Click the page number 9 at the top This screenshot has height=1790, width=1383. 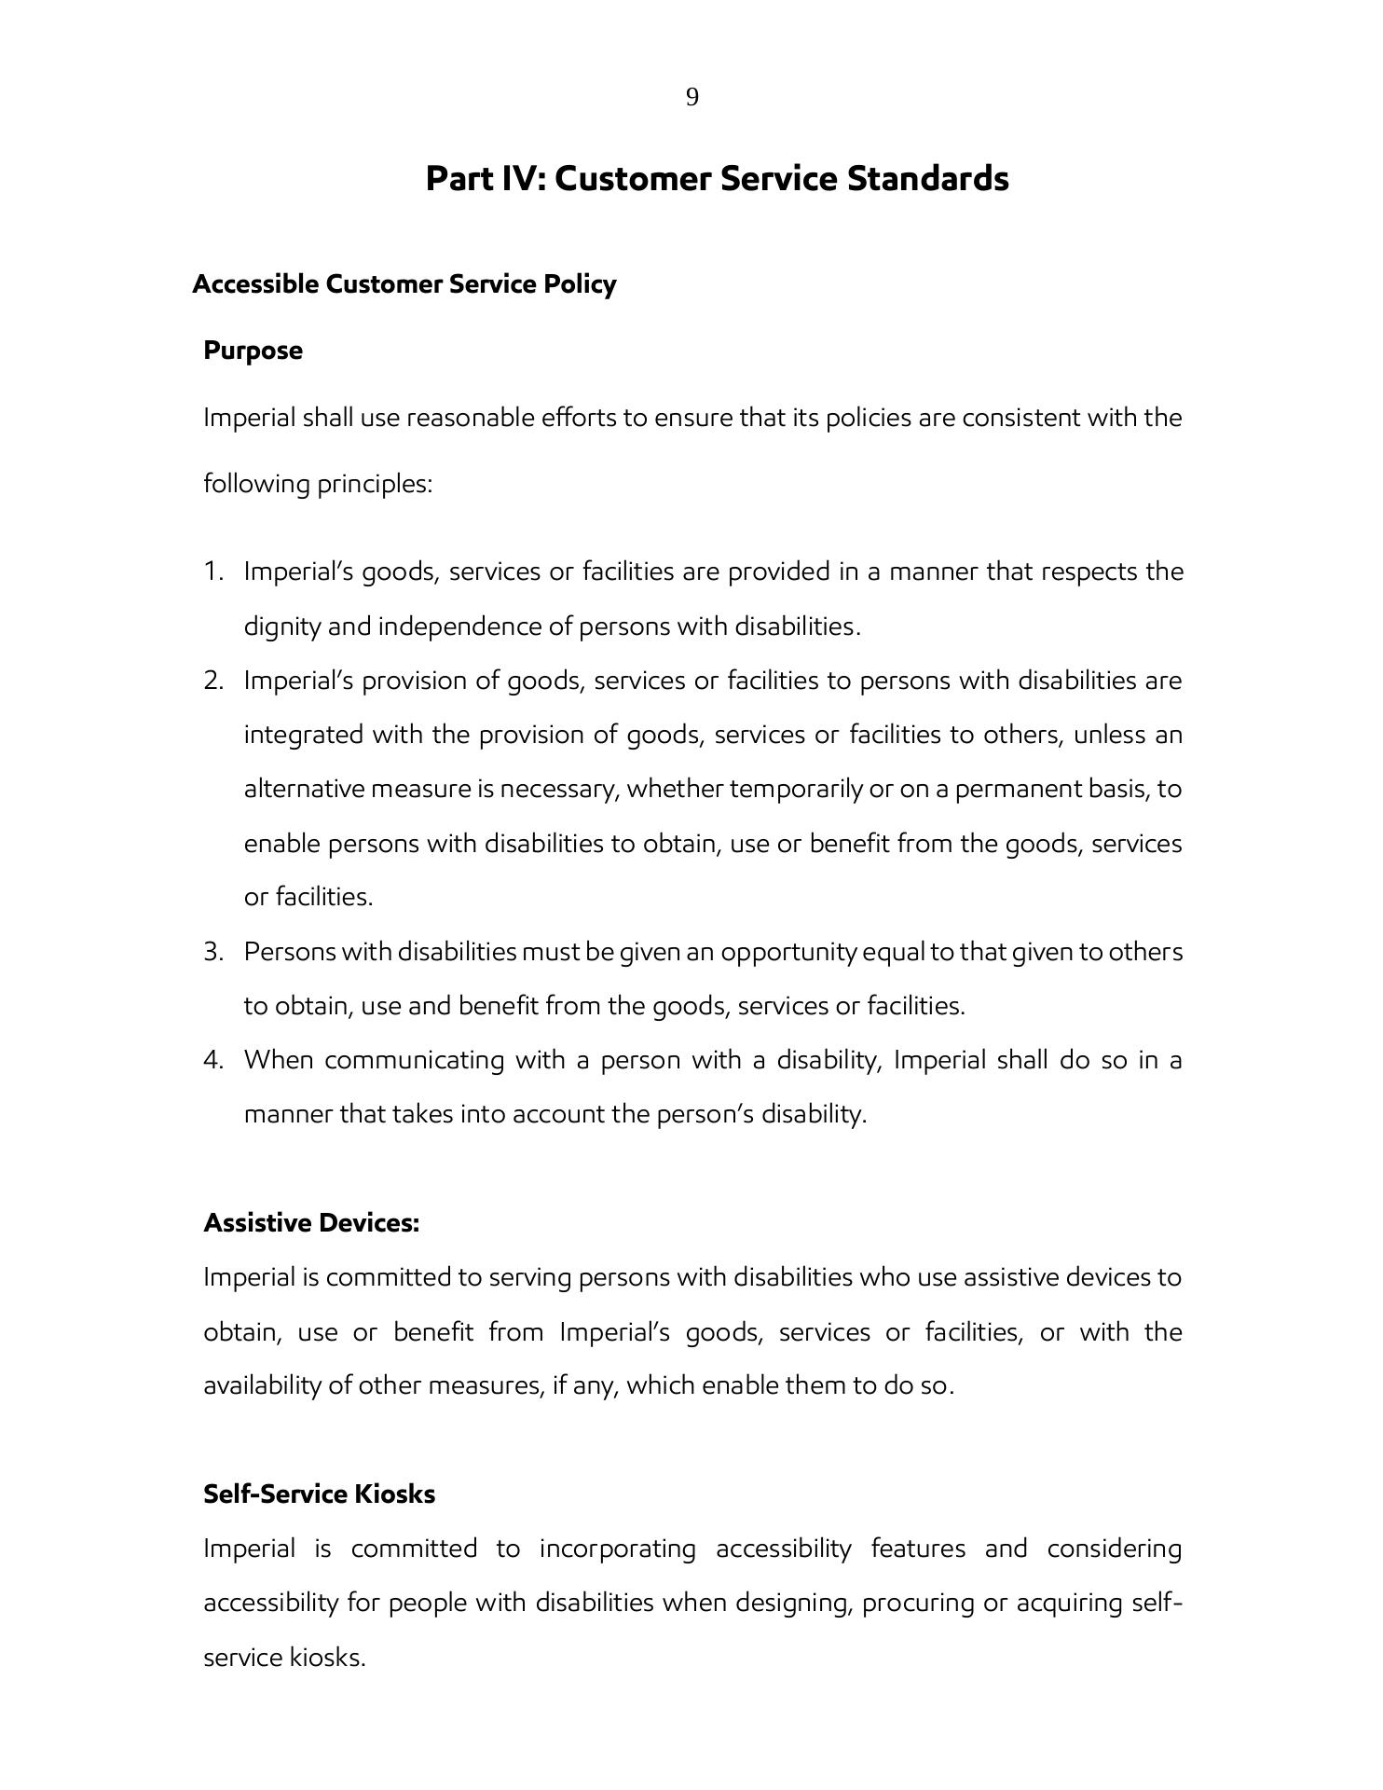(x=691, y=97)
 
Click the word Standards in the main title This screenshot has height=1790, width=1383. (x=927, y=178)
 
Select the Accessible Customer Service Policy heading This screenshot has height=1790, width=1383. (x=404, y=284)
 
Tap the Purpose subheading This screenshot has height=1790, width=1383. (x=253, y=351)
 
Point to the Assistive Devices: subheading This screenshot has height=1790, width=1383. (x=311, y=1223)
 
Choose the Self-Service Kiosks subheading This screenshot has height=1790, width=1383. (x=320, y=1494)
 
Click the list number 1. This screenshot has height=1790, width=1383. (x=213, y=571)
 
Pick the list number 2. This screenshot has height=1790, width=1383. (x=213, y=681)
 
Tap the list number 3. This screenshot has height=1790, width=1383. (x=213, y=952)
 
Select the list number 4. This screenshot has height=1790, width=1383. (x=213, y=1060)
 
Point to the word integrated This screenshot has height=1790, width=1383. (x=303, y=736)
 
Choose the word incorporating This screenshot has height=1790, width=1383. (x=618, y=1549)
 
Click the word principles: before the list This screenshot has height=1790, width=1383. (x=375, y=485)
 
